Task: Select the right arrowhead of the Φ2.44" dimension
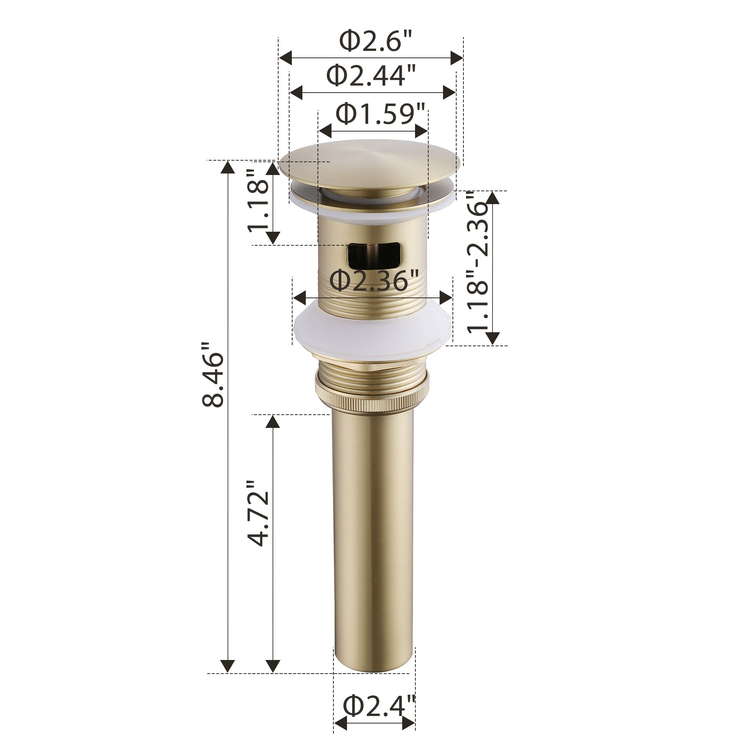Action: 449,92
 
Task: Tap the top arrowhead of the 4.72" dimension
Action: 273,422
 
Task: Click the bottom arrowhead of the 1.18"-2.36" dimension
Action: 493,337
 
